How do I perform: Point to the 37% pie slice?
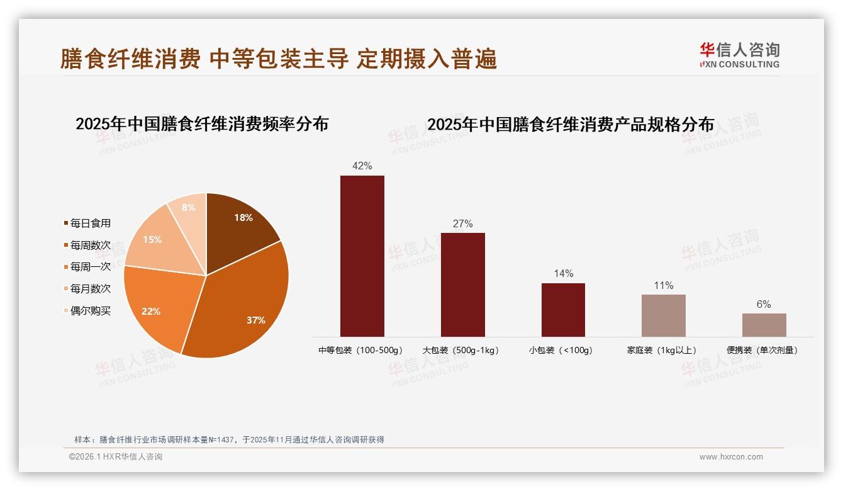(242, 302)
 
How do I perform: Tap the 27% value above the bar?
(462, 223)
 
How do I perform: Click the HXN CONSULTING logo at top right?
(739, 55)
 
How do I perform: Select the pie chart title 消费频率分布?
(202, 124)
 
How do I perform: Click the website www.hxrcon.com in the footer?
(731, 457)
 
